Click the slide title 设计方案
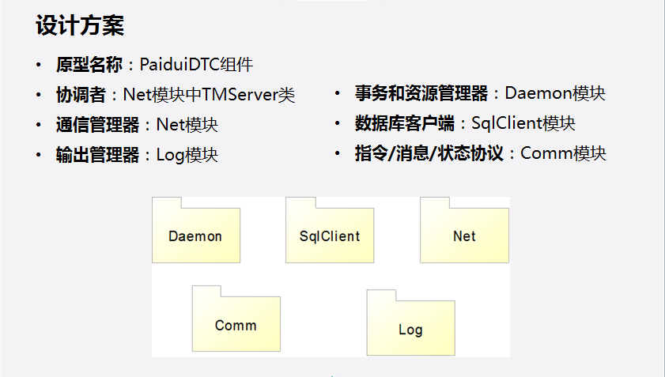(79, 26)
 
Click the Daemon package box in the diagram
(195, 236)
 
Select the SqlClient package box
(329, 236)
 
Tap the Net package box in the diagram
(464, 236)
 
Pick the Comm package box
(236, 325)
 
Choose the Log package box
(410, 329)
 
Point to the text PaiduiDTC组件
(196, 65)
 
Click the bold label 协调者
(81, 95)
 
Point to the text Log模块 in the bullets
(187, 155)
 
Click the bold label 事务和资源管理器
(421, 93)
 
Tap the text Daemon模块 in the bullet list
(555, 93)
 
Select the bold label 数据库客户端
(405, 123)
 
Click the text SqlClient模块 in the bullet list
(523, 123)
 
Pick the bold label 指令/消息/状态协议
(429, 153)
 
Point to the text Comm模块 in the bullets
(563, 153)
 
